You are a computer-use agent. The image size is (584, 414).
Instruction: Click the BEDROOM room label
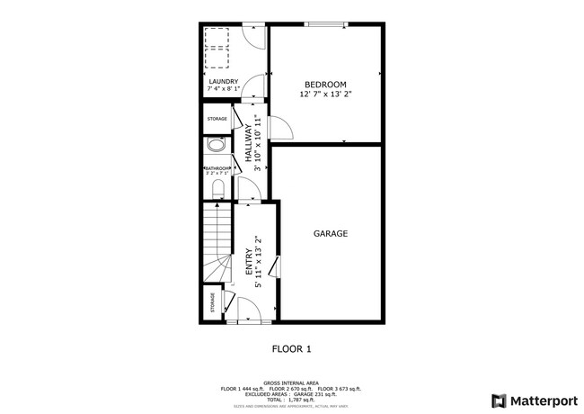324,85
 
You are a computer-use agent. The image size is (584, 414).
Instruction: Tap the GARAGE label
330,233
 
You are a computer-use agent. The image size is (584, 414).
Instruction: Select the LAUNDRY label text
223,82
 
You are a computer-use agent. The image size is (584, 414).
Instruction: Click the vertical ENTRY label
249,262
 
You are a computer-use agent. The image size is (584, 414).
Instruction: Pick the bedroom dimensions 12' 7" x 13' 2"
324,94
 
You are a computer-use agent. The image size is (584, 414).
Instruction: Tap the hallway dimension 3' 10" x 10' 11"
257,142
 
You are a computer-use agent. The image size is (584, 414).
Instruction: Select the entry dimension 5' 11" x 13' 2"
259,262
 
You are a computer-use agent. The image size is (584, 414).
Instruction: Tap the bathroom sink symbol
216,147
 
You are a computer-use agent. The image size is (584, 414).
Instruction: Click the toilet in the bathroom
218,187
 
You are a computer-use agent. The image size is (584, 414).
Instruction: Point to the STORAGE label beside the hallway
217,118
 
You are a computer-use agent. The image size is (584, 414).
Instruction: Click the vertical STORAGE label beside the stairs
213,303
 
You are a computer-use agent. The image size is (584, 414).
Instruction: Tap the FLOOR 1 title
291,348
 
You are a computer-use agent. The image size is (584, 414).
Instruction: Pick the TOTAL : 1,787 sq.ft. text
291,399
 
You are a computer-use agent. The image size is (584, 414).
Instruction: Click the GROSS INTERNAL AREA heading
291,382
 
